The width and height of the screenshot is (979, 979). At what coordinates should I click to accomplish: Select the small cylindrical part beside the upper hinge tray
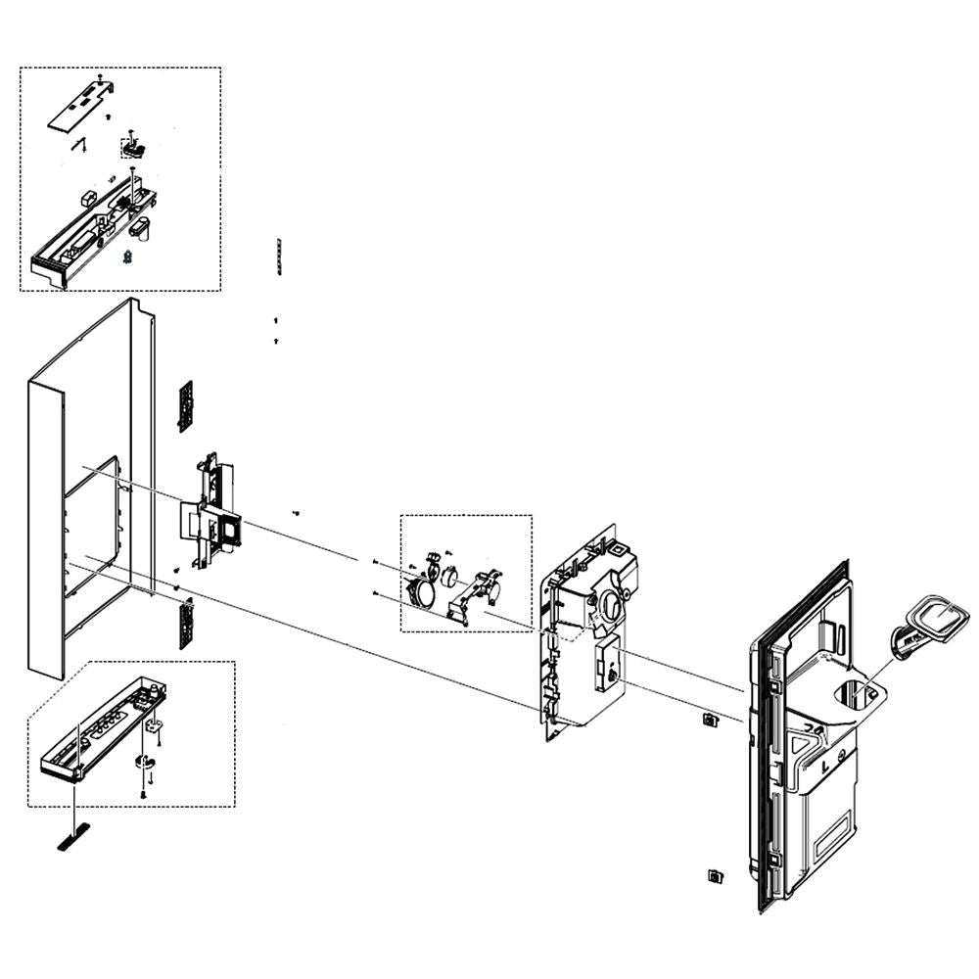coord(142,228)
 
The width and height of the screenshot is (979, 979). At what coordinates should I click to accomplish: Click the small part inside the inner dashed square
coord(132,147)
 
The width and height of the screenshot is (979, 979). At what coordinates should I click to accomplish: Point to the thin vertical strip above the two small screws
coord(278,256)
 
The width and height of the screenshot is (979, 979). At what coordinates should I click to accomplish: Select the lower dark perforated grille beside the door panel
coord(185,625)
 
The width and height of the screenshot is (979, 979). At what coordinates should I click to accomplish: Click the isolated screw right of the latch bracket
coord(297,512)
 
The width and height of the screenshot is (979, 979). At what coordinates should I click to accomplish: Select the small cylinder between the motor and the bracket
coord(452,577)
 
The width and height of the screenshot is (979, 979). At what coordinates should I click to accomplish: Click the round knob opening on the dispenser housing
coord(607,603)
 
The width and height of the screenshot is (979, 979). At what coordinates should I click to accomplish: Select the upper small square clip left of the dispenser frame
coord(711,721)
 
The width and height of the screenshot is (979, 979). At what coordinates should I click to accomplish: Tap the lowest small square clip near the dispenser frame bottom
coord(715,874)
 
